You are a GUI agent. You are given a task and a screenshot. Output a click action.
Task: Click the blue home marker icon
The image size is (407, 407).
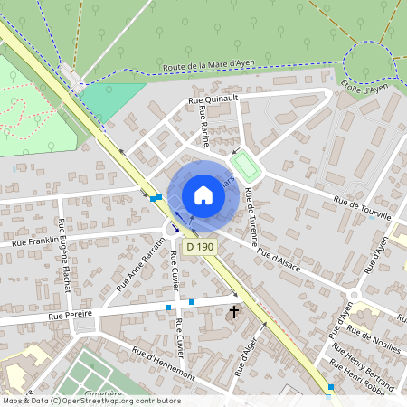click(x=203, y=194)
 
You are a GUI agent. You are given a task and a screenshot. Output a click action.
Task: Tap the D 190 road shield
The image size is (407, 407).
click(x=201, y=246)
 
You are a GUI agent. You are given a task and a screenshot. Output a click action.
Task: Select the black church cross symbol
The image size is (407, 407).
click(x=234, y=312)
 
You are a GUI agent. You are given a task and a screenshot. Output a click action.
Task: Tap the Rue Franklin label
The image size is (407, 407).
click(x=33, y=241)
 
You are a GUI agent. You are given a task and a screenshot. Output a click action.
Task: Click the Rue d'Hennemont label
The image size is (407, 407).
click(x=164, y=362)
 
